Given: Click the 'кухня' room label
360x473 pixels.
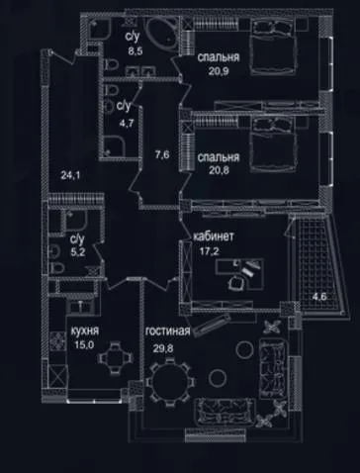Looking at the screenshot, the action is pyautogui.click(x=85, y=331).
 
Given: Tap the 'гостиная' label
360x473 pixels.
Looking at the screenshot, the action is pyautogui.click(x=168, y=331).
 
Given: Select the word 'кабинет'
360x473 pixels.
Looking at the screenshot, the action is pyautogui.click(x=214, y=236).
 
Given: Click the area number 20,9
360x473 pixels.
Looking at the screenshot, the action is pyautogui.click(x=219, y=71).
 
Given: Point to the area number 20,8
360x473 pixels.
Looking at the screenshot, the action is pyautogui.click(x=219, y=170).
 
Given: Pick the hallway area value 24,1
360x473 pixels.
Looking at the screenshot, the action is pyautogui.click(x=70, y=175).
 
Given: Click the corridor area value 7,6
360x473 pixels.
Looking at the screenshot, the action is pyautogui.click(x=162, y=154).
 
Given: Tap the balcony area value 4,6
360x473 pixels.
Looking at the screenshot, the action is pyautogui.click(x=319, y=296).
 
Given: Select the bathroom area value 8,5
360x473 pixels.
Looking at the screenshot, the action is pyautogui.click(x=135, y=51).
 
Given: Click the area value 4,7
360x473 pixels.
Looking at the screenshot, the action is pyautogui.click(x=127, y=124).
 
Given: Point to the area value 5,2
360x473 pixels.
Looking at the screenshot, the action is pyautogui.click(x=78, y=252).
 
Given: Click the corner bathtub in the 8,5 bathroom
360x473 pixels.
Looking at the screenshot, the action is pyautogui.click(x=163, y=33).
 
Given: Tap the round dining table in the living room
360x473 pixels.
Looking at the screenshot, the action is pyautogui.click(x=170, y=382).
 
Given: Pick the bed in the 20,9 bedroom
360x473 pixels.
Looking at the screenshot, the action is pyautogui.click(x=273, y=47).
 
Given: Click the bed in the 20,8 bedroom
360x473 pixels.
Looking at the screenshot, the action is pyautogui.click(x=273, y=144).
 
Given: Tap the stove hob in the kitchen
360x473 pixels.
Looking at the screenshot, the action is pyautogui.click(x=57, y=341).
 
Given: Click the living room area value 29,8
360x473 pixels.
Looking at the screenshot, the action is pyautogui.click(x=163, y=348).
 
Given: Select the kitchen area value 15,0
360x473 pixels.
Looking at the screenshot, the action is pyautogui.click(x=84, y=345).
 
